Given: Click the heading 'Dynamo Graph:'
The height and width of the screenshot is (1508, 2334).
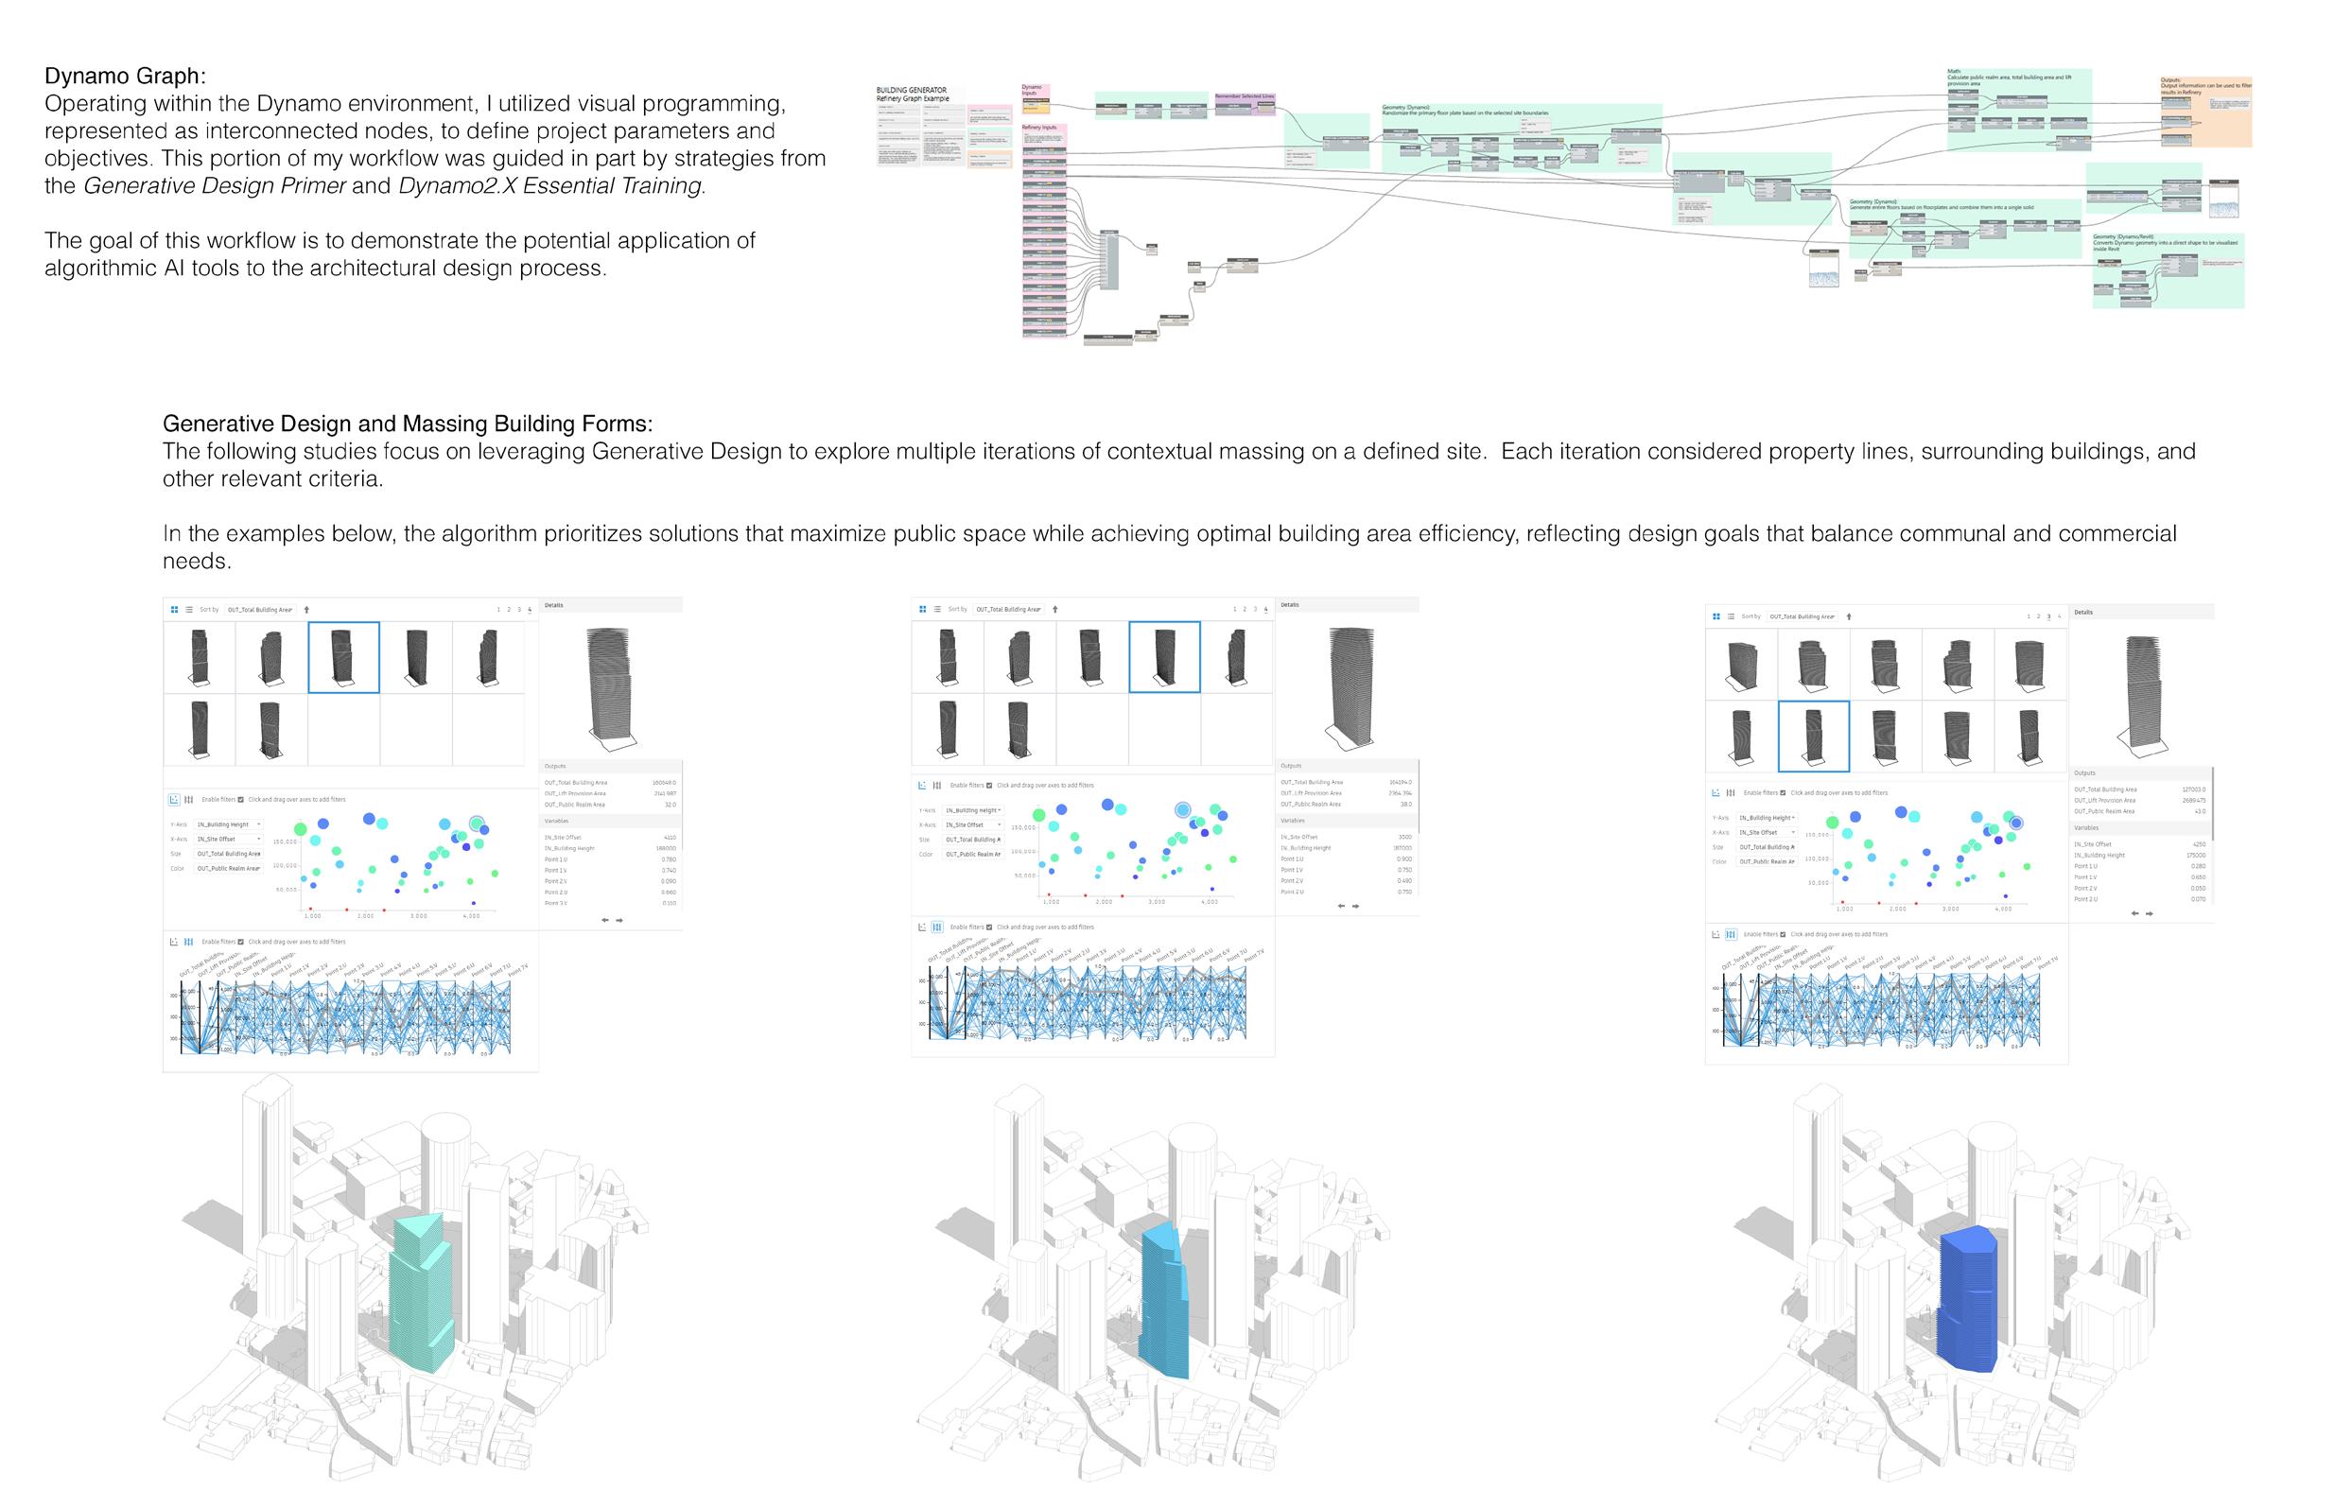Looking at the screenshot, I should click(x=125, y=77).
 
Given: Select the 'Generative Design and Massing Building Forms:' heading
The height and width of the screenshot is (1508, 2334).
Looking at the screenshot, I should click(x=407, y=424).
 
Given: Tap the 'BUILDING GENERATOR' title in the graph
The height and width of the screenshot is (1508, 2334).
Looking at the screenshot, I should click(x=911, y=90).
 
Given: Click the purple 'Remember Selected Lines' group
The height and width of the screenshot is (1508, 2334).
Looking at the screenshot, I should click(x=1245, y=104).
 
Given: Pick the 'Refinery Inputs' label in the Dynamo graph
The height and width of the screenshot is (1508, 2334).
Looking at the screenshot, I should click(x=1039, y=128).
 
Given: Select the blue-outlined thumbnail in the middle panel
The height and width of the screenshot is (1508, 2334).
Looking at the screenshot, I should click(x=1163, y=657).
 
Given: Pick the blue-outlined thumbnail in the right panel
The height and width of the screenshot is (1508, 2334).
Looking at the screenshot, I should click(x=1813, y=737).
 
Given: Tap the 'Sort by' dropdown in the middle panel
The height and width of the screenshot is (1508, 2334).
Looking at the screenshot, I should click(x=1009, y=609).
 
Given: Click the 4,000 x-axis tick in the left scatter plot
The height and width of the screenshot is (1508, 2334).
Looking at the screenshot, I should click(x=471, y=916).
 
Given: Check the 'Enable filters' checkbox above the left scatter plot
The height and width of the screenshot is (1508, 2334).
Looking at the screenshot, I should click(x=241, y=800).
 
